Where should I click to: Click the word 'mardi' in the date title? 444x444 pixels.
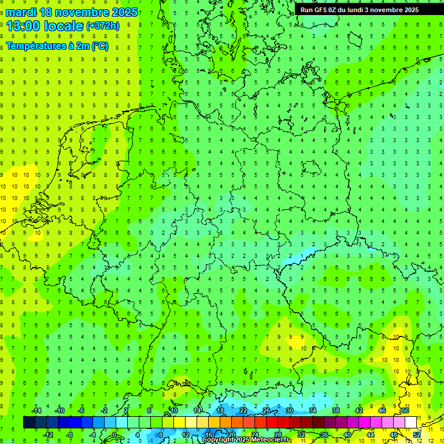tap(22, 12)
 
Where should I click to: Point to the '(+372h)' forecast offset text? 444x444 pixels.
tap(103, 26)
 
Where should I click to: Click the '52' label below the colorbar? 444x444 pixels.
tap(417, 434)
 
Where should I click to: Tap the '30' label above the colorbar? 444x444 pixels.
tap(290, 410)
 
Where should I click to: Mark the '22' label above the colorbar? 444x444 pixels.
tap(243, 410)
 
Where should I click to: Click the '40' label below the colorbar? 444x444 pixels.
tap(347, 434)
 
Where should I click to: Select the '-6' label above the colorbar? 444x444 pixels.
tap(82, 410)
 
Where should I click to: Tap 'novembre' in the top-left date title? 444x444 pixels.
tap(80, 12)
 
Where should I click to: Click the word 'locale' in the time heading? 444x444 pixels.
tap(64, 26)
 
